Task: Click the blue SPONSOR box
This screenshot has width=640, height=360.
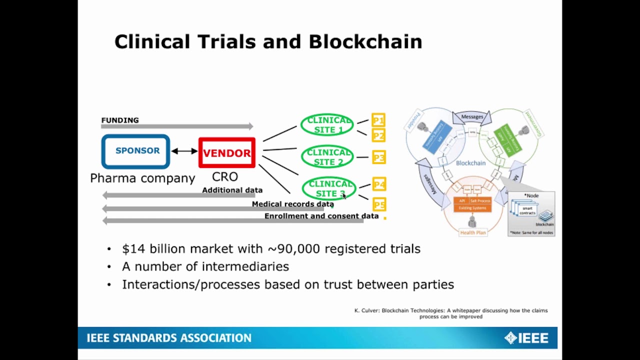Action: pos(136,151)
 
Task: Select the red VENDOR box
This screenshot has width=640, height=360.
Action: pos(227,153)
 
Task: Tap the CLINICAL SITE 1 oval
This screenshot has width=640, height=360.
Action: pos(327,125)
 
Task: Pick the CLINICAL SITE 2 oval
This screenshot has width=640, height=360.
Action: pos(328,157)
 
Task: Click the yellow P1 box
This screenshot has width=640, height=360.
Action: pos(378,120)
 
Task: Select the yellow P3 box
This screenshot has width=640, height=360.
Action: pos(378,158)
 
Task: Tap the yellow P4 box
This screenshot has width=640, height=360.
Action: pos(379,184)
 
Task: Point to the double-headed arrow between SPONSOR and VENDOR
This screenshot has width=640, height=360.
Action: pos(184,151)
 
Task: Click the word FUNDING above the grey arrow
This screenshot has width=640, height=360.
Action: pos(120,120)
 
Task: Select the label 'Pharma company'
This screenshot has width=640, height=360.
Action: pos(142,178)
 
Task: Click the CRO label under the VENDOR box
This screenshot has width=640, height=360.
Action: pos(225,176)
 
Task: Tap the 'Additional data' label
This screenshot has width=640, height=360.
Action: pos(232,190)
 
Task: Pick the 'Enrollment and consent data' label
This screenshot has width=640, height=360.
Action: pos(321,216)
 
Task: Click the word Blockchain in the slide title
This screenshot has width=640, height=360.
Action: pos(365,41)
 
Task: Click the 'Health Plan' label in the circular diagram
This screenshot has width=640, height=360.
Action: pos(472,232)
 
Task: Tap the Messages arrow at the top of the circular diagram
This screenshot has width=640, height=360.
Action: pos(472,117)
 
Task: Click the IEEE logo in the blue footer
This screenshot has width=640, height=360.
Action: pos(526,338)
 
